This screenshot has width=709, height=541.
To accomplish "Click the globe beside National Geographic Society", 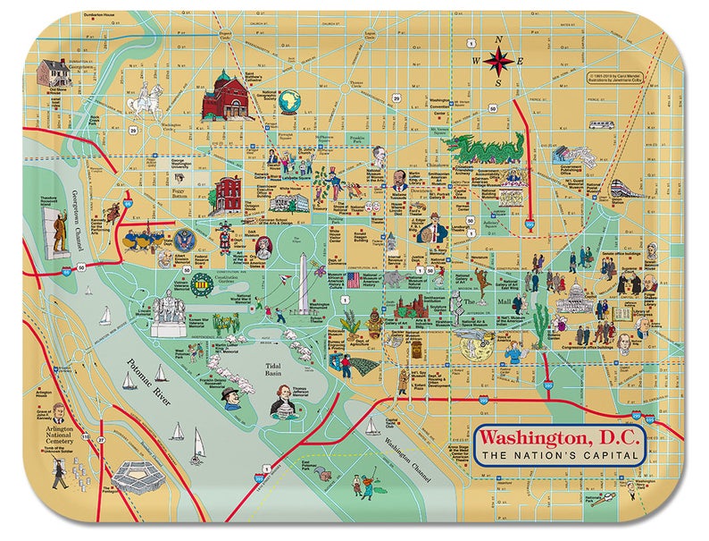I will (288, 102).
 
